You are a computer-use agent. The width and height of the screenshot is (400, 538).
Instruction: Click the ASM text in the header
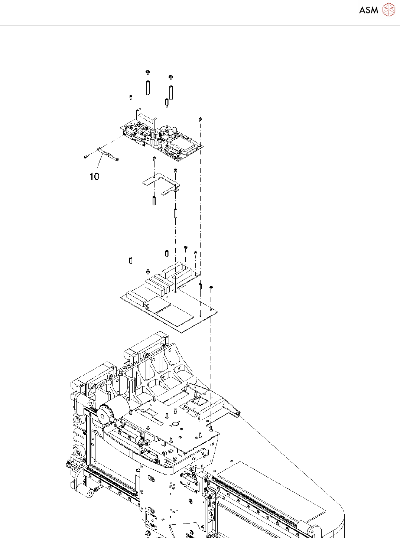(x=368, y=10)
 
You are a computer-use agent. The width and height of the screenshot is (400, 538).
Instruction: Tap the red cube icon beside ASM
(x=389, y=10)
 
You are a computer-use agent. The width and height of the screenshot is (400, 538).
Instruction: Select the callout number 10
(x=94, y=176)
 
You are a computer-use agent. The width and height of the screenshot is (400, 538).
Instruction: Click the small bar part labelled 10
(x=108, y=154)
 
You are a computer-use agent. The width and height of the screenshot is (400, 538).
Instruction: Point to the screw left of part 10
(x=86, y=157)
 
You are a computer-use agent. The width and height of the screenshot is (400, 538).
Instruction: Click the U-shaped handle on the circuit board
(x=146, y=117)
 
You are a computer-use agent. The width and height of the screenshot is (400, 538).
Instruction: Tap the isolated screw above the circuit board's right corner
(x=200, y=119)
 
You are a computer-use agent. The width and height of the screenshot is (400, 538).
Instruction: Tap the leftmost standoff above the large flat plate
(x=131, y=260)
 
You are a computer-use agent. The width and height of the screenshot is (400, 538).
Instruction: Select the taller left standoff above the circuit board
(x=148, y=87)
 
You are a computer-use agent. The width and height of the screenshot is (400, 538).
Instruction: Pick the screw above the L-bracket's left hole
(x=154, y=159)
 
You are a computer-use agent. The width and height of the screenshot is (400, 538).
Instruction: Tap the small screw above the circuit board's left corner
(x=131, y=97)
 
